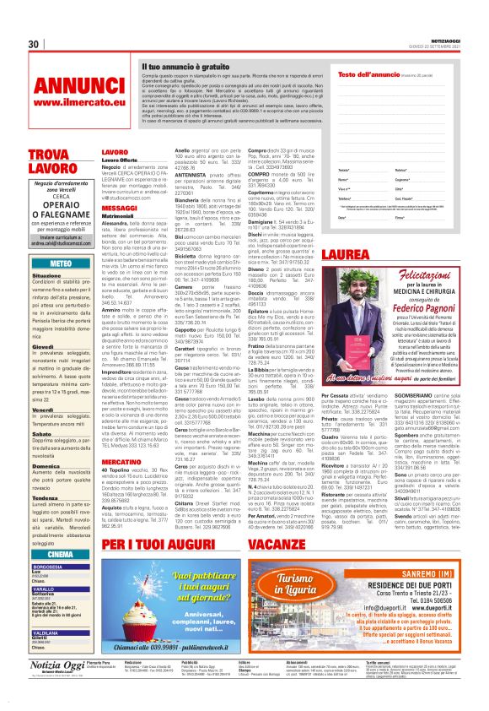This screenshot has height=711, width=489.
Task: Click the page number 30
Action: pos(33,44)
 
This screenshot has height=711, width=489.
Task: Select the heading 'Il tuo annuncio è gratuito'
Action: pos(186,65)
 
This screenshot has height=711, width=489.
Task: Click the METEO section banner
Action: pos(61,264)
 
